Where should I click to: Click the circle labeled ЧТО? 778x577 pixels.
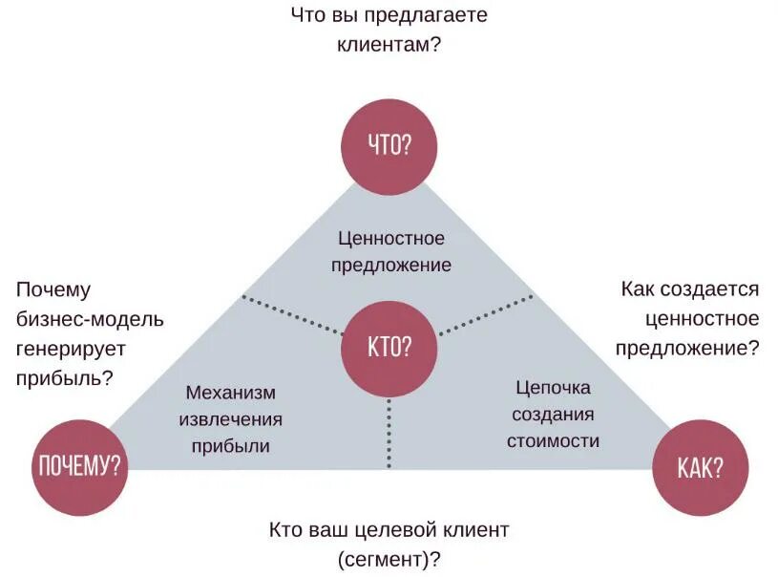tap(389, 144)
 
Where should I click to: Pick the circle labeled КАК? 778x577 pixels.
tap(699, 466)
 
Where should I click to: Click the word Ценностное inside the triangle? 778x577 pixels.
tap(391, 238)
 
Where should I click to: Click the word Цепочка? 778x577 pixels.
tap(553, 388)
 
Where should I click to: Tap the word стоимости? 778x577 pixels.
tap(553, 440)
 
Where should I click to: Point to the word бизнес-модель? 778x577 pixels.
tap(90, 319)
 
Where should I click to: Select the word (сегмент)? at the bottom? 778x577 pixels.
tap(389, 557)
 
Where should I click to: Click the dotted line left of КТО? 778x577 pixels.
tap(291, 314)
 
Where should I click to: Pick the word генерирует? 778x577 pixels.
tap(71, 348)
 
